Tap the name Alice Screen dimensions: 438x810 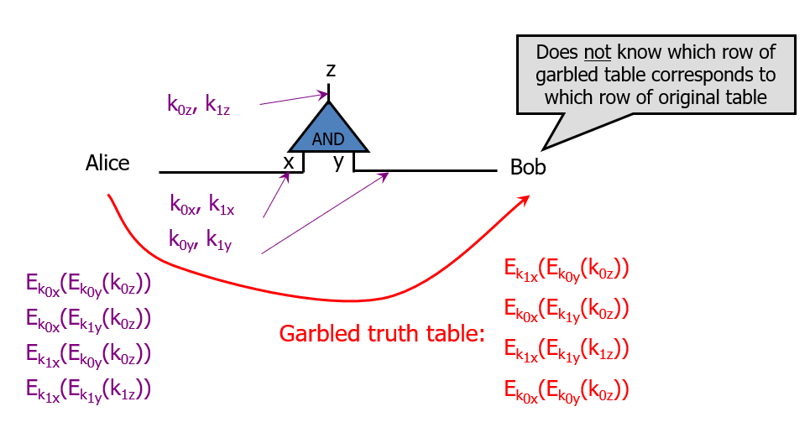(x=107, y=163)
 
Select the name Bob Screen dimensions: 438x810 (x=528, y=168)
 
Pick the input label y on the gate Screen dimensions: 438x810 (x=339, y=162)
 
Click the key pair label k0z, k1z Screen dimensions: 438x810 (x=199, y=105)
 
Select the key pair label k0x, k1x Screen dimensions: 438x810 (x=201, y=204)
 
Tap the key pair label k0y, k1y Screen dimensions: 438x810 (x=200, y=242)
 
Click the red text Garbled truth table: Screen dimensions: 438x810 (x=383, y=334)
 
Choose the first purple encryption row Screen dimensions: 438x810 (x=88, y=284)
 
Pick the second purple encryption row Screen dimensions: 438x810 (x=88, y=319)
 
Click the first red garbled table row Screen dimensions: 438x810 (x=567, y=270)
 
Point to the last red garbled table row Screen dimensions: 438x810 (x=567, y=389)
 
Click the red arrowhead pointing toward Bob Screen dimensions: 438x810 (x=524, y=199)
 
